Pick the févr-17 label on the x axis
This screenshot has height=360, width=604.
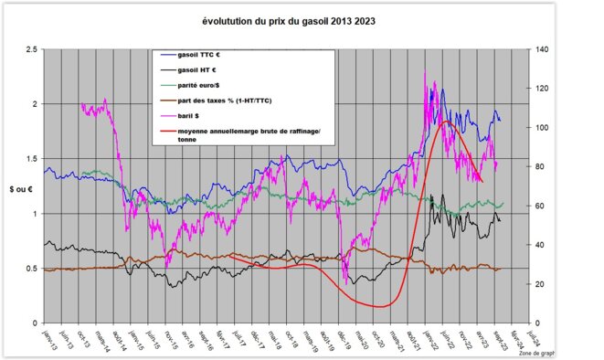(218, 339)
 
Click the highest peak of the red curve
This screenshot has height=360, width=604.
(445, 121)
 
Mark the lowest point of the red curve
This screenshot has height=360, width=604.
(382, 307)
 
